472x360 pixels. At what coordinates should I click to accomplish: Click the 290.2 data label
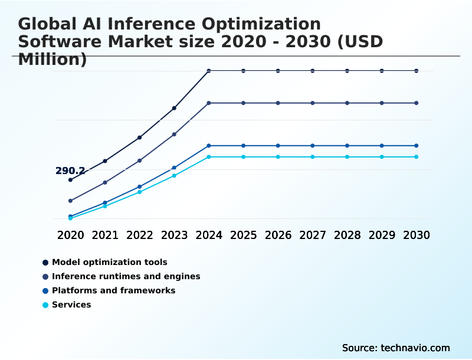tap(70, 171)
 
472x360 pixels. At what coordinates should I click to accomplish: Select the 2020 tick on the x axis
tap(71, 235)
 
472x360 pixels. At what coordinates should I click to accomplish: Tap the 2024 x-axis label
tap(209, 235)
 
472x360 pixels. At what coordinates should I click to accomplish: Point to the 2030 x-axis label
tap(417, 235)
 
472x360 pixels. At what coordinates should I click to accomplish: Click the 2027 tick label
tap(313, 235)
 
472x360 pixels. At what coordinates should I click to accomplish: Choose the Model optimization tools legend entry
tap(109, 262)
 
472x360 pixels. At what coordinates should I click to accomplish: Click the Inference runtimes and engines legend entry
tap(126, 276)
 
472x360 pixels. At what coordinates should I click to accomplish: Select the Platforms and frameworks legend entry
tap(113, 290)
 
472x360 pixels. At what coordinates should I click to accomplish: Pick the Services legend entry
tap(71, 305)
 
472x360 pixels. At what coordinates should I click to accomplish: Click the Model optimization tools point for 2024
tap(209, 71)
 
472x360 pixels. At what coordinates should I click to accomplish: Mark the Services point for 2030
tap(417, 157)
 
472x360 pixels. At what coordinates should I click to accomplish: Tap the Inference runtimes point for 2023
tap(174, 135)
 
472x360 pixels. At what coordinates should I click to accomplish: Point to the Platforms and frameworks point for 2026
tap(278, 146)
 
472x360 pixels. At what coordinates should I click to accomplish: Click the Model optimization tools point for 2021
tap(105, 161)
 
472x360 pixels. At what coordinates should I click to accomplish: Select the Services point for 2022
tap(140, 192)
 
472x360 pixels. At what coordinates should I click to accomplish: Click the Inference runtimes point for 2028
tap(347, 103)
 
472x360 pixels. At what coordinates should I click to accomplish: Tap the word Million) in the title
tap(53, 60)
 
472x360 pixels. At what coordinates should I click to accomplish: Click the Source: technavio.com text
tap(396, 348)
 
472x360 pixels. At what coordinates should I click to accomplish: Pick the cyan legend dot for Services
tap(45, 305)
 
